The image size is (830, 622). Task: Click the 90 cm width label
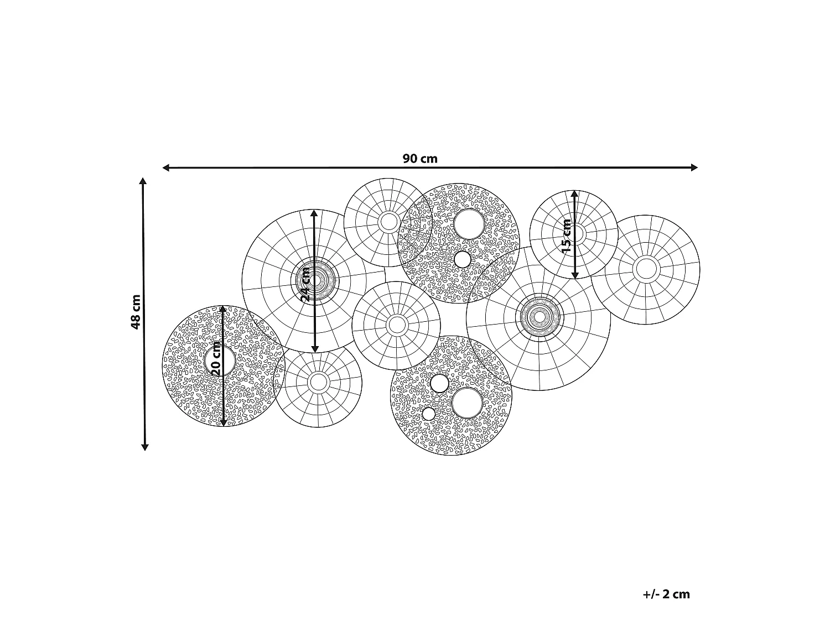tap(420, 159)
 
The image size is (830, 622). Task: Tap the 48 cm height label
tap(136, 312)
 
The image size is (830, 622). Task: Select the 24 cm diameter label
tap(305, 284)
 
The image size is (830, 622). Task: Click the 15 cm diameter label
tap(567, 236)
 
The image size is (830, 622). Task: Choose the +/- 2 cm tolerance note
tap(666, 594)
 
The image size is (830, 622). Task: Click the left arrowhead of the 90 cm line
tap(165, 168)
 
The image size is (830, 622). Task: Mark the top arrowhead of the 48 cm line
tap(143, 181)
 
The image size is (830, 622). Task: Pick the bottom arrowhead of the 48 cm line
tap(144, 447)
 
